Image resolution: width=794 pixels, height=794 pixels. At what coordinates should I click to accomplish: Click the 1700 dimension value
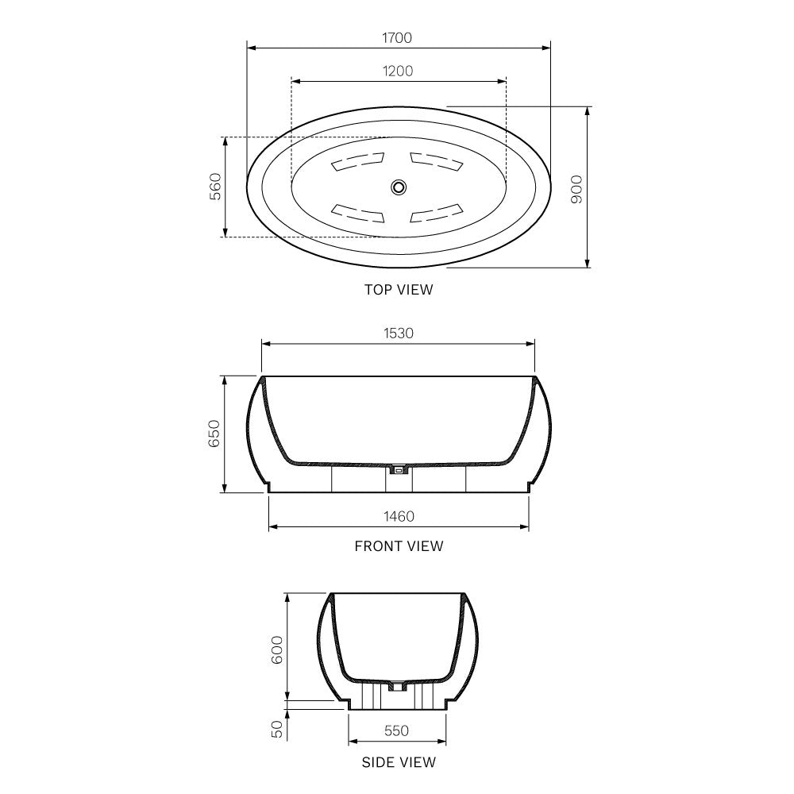click(x=398, y=37)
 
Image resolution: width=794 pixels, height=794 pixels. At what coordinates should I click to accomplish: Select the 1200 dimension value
click(x=398, y=71)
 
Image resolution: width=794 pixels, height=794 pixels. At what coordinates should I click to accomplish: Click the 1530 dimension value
click(x=398, y=333)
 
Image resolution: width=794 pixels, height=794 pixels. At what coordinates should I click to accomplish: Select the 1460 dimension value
click(x=398, y=516)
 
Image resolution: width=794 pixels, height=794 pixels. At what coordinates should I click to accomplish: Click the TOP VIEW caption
click(x=399, y=290)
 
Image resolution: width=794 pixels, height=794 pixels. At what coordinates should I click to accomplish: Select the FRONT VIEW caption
click(x=399, y=546)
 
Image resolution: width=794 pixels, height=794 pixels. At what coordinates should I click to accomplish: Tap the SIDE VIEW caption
click(x=399, y=762)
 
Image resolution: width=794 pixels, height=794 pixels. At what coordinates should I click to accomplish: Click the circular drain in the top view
click(x=399, y=187)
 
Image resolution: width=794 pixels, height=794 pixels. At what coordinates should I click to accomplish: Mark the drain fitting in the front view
click(x=399, y=471)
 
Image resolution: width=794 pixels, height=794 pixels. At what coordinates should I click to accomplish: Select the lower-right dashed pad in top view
click(x=437, y=213)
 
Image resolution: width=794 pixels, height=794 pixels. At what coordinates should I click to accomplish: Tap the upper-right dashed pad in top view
click(x=437, y=162)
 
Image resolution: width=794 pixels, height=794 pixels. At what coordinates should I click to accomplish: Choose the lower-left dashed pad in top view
click(x=357, y=213)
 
